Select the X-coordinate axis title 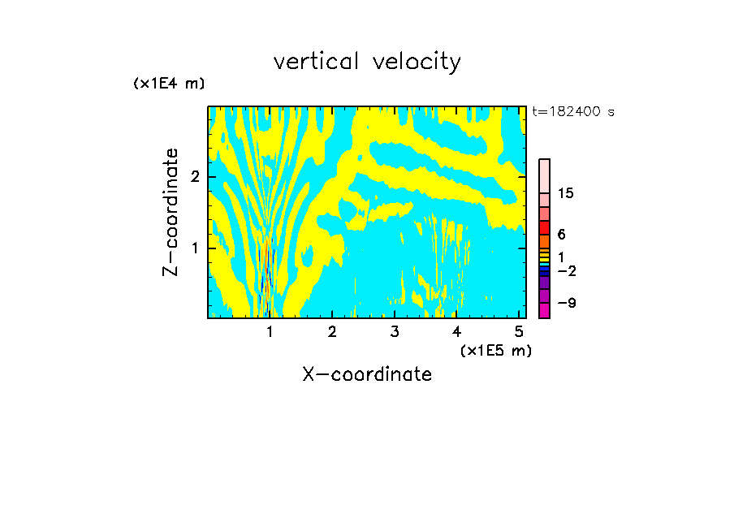pyautogui.click(x=367, y=374)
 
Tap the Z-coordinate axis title pyautogui.click(x=171, y=212)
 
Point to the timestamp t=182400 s pyautogui.click(x=572, y=112)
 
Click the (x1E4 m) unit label pyautogui.click(x=169, y=84)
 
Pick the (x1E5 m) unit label pyautogui.click(x=495, y=350)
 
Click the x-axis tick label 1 pyautogui.click(x=270, y=332)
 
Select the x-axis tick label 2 pyautogui.click(x=332, y=332)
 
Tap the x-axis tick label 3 pyautogui.click(x=395, y=332)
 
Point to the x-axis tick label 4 pyautogui.click(x=456, y=332)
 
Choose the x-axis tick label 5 pyautogui.click(x=519, y=332)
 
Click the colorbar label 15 pyautogui.click(x=567, y=193)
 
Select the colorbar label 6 pyautogui.click(x=561, y=234)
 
